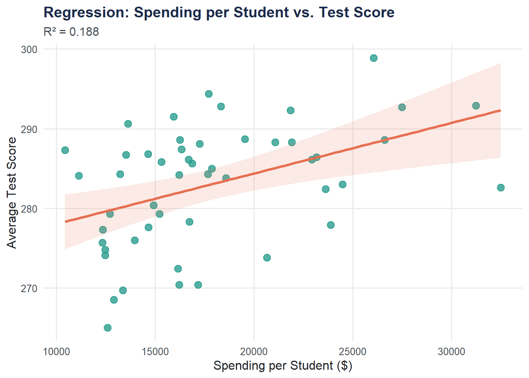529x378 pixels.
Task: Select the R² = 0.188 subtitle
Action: [71, 31]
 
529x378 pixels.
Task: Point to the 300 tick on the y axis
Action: [29, 50]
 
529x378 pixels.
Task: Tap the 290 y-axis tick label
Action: [29, 129]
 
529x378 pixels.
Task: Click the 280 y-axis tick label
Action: [29, 209]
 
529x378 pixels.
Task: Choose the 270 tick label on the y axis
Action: [29, 289]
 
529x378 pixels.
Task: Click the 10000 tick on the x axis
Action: [56, 352]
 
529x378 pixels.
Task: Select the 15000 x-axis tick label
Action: [155, 352]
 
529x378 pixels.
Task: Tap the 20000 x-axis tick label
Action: [254, 352]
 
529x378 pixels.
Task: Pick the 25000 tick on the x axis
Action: [353, 352]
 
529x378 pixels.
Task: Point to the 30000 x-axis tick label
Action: [451, 352]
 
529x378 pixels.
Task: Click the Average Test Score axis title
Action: [12, 193]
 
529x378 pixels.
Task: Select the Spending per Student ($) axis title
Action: [283, 366]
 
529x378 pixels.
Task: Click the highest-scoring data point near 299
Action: [374, 58]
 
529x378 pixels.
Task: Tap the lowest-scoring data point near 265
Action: [107, 328]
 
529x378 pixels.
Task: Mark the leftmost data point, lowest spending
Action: [65, 150]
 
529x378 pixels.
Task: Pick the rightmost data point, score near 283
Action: [501, 187]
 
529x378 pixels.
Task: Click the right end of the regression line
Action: [500, 111]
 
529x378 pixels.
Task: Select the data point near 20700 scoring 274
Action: [267, 258]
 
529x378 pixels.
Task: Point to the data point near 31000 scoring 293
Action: [476, 106]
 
